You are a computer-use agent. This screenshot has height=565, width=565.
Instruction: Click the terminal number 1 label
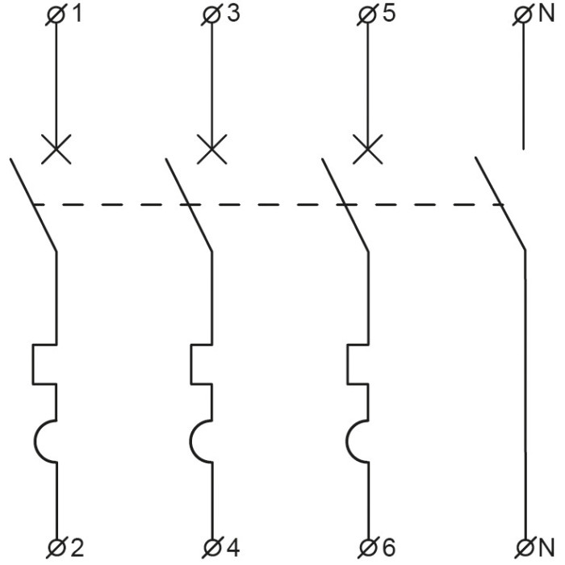coord(77,15)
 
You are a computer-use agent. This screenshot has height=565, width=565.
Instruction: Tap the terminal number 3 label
coord(233,15)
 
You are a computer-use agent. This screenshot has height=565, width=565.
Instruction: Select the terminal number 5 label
coord(389,15)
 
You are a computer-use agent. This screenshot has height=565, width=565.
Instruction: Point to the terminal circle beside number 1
coord(56,15)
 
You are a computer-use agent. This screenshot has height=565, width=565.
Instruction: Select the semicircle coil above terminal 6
coord(358,442)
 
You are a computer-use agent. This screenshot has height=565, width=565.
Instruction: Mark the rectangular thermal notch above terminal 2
coord(44,365)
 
